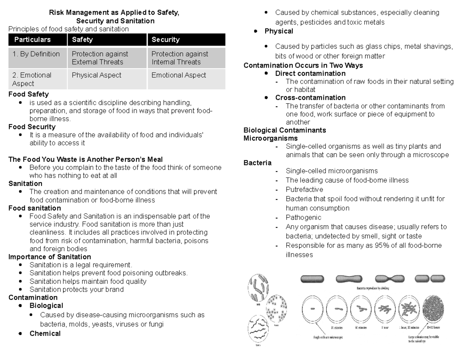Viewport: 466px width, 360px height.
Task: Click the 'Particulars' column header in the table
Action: (33, 40)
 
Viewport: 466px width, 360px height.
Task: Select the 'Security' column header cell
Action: (165, 40)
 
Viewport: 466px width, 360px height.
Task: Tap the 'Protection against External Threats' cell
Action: (100, 58)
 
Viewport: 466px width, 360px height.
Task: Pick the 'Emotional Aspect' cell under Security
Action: (179, 75)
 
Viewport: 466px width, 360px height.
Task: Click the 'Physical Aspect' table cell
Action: (96, 75)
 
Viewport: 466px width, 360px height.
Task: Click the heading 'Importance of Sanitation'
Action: (50, 257)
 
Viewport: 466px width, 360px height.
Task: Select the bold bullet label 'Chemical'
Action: (45, 333)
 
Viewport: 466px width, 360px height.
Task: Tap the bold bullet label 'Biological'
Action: (46, 306)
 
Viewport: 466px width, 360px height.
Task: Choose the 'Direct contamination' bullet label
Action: (310, 73)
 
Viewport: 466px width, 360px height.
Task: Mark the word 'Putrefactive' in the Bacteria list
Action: (304, 190)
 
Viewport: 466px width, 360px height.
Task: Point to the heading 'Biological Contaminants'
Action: (285, 130)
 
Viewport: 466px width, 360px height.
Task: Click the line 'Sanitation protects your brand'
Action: (77, 289)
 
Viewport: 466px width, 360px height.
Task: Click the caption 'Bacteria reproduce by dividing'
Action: (373, 289)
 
